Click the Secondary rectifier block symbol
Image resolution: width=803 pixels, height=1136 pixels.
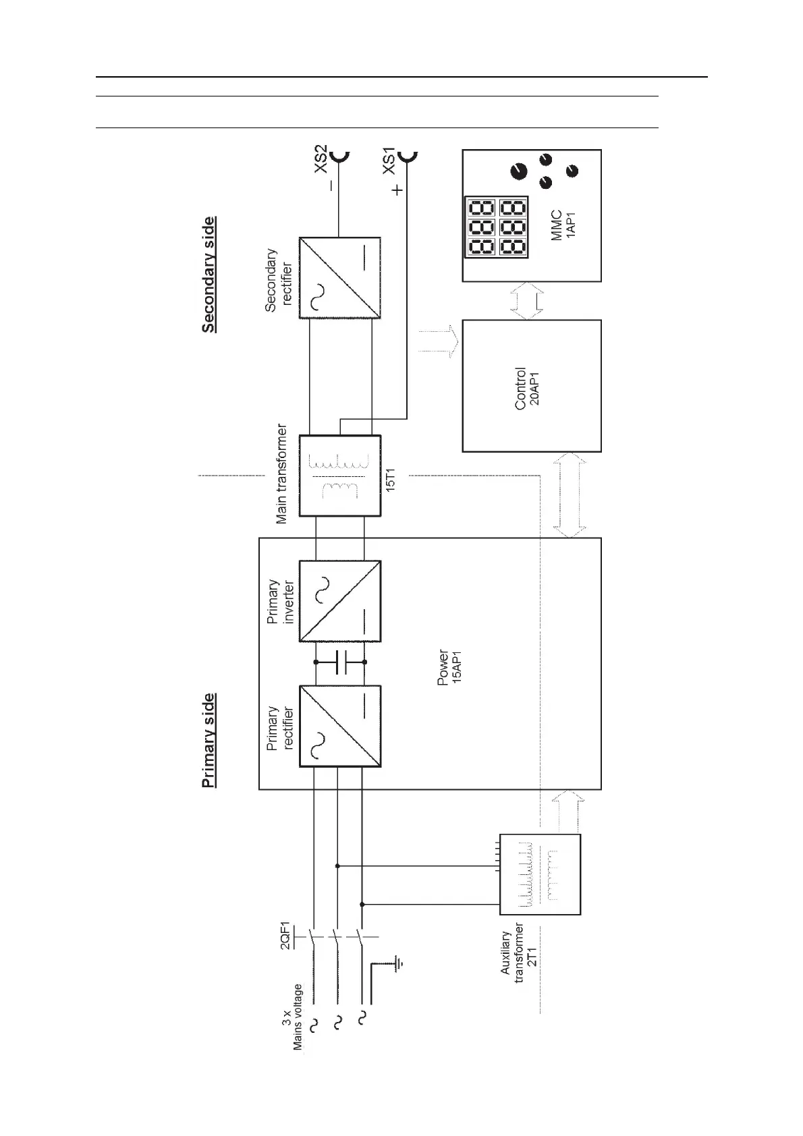click(x=339, y=277)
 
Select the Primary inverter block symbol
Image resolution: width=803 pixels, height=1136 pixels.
click(x=339, y=601)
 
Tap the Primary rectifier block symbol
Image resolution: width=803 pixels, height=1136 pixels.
click(x=339, y=726)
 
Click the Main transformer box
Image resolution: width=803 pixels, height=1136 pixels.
click(x=339, y=476)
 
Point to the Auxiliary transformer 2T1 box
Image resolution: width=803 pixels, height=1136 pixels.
click(x=540, y=874)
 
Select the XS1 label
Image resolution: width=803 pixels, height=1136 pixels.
click(x=389, y=161)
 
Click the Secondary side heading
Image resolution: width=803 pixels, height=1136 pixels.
click(x=209, y=275)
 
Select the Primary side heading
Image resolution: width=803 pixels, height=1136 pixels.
click(x=209, y=740)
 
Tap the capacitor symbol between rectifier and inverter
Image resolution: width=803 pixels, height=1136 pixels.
click(x=340, y=663)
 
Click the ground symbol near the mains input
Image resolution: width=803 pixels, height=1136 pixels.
click(x=399, y=963)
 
